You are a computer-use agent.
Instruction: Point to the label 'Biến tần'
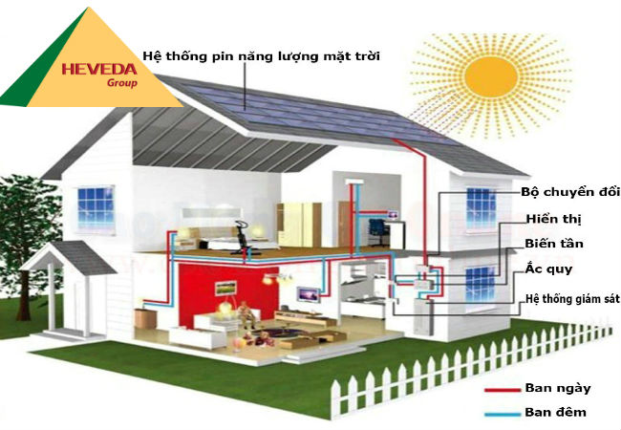pos(553,245)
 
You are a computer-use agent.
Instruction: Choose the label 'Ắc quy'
pos(548,270)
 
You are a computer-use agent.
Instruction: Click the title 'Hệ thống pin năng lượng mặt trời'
pos(261,56)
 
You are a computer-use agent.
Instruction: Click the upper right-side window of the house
pos(480,207)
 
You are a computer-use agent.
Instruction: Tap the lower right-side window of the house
pos(479,284)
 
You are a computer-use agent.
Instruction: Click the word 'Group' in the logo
pos(124,83)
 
